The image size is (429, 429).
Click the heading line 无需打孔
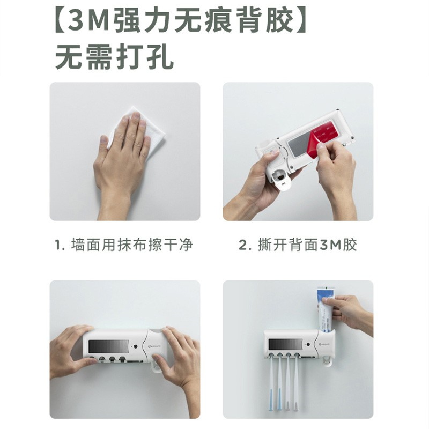[x=114, y=58]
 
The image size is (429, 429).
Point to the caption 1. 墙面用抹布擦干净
[x=124, y=245]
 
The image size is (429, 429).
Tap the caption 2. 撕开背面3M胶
[x=298, y=245]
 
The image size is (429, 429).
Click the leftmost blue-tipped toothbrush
[x=271, y=383]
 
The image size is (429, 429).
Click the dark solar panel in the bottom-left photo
[x=109, y=346]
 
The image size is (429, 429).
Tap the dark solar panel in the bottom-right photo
[x=285, y=344]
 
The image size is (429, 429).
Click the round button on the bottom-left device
[x=135, y=346]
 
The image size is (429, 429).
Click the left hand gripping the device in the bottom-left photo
[x=72, y=351]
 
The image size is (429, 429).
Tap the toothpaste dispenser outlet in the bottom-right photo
[x=327, y=361]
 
